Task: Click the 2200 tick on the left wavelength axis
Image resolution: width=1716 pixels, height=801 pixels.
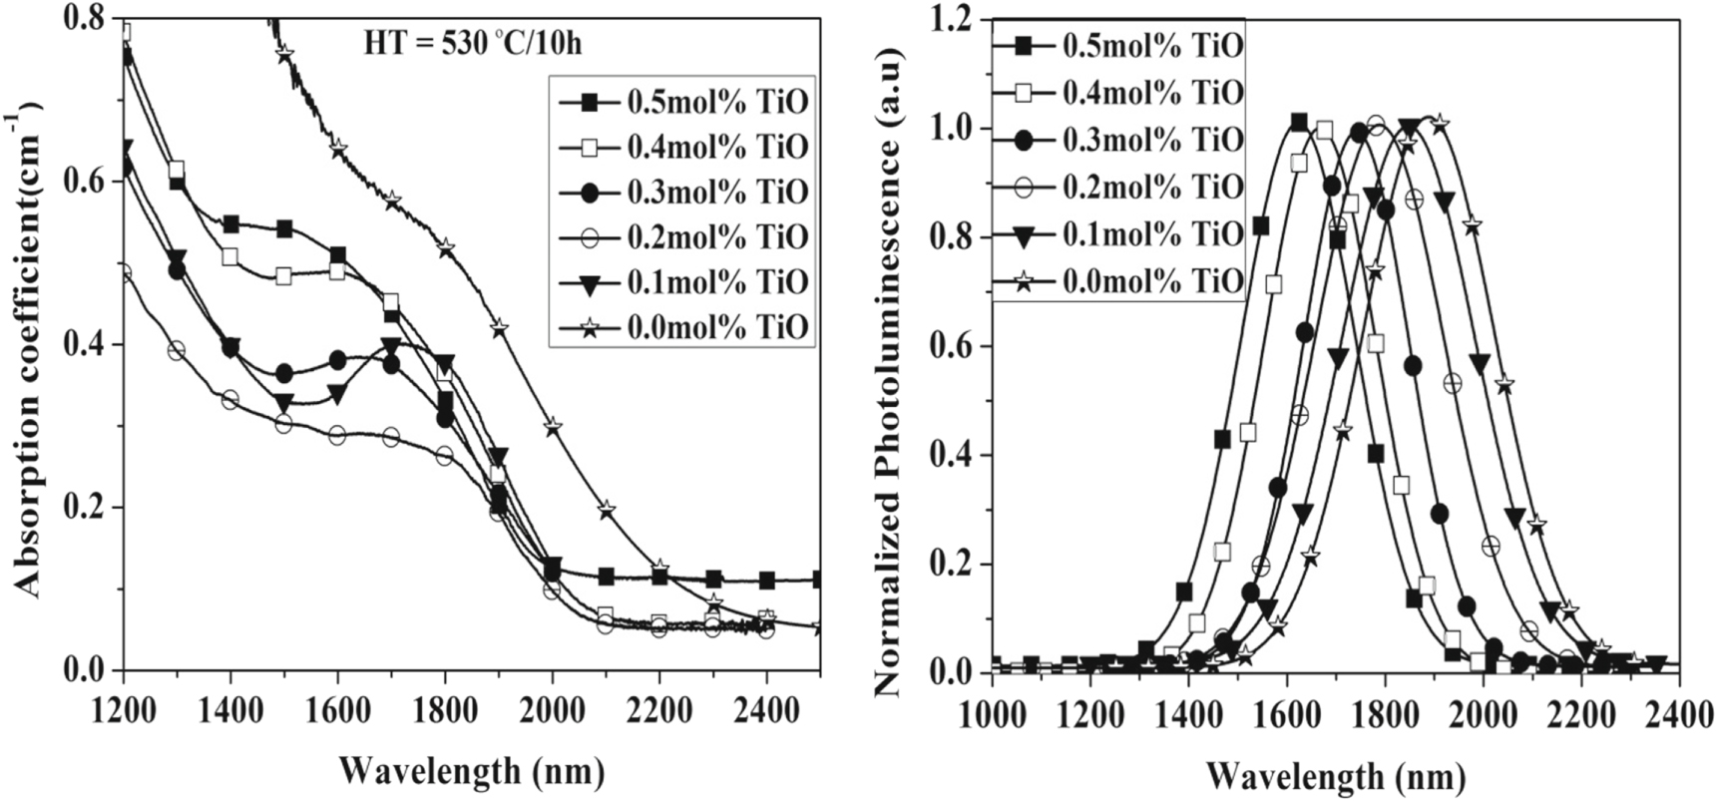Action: [659, 712]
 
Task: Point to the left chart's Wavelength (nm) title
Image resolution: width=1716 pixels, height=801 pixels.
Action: [471, 770]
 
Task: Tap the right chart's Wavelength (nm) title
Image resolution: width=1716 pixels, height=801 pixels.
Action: [1337, 774]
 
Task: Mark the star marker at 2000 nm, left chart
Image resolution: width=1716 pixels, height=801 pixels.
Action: [553, 426]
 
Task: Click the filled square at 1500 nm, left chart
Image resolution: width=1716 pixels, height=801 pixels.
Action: [284, 229]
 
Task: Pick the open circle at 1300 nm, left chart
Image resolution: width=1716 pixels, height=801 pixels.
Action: [177, 350]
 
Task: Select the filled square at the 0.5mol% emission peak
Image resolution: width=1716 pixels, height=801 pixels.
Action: [1298, 122]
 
